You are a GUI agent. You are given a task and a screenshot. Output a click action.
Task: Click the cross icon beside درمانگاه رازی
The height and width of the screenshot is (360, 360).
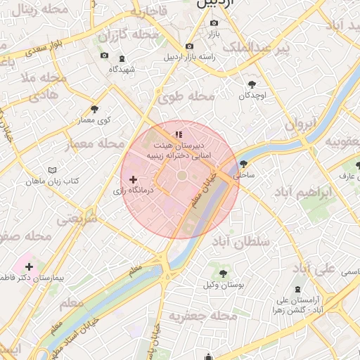tap(133, 180)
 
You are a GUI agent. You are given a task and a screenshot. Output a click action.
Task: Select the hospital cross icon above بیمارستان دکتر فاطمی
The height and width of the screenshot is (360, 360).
tap(29, 266)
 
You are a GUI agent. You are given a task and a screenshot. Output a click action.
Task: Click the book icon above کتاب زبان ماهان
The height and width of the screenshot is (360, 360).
tap(52, 170)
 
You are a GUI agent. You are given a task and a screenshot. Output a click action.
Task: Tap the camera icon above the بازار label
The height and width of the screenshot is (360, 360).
tap(213, 23)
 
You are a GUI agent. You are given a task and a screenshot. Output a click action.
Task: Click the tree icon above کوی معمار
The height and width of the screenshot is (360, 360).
tap(95, 109)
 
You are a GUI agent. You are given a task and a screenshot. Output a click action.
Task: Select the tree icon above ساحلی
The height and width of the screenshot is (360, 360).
tap(243, 163)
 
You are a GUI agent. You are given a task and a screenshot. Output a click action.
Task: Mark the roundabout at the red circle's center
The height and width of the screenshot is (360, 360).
tap(182, 175)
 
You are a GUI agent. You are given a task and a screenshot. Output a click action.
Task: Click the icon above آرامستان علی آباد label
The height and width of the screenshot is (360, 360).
tap(297, 288)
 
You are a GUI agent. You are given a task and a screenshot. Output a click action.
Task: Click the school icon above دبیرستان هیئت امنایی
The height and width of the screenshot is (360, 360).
tap(179, 134)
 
